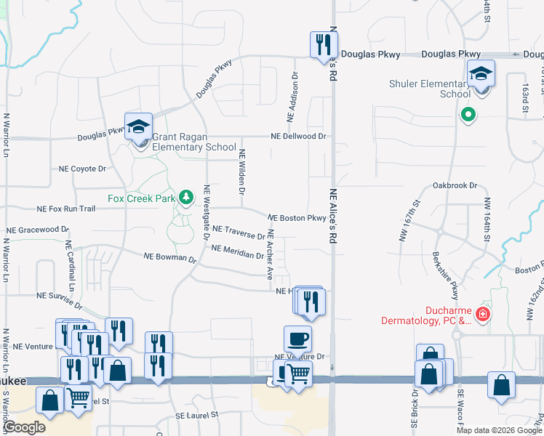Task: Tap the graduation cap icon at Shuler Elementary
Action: click(x=481, y=74)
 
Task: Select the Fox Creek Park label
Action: click(x=142, y=196)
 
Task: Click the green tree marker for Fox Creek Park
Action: click(x=186, y=197)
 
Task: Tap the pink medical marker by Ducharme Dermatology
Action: click(x=482, y=315)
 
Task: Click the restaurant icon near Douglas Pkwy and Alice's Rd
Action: click(x=320, y=45)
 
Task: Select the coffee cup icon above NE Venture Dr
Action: click(x=297, y=339)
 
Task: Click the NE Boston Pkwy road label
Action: click(x=297, y=218)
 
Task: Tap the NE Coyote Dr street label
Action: click(x=82, y=169)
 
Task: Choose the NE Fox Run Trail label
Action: click(x=66, y=209)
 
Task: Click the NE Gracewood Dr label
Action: click(x=38, y=230)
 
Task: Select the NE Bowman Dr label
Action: click(x=170, y=257)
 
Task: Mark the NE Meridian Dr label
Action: click(x=237, y=251)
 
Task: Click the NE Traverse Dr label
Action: click(x=239, y=232)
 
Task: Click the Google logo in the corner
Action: click(x=25, y=427)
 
